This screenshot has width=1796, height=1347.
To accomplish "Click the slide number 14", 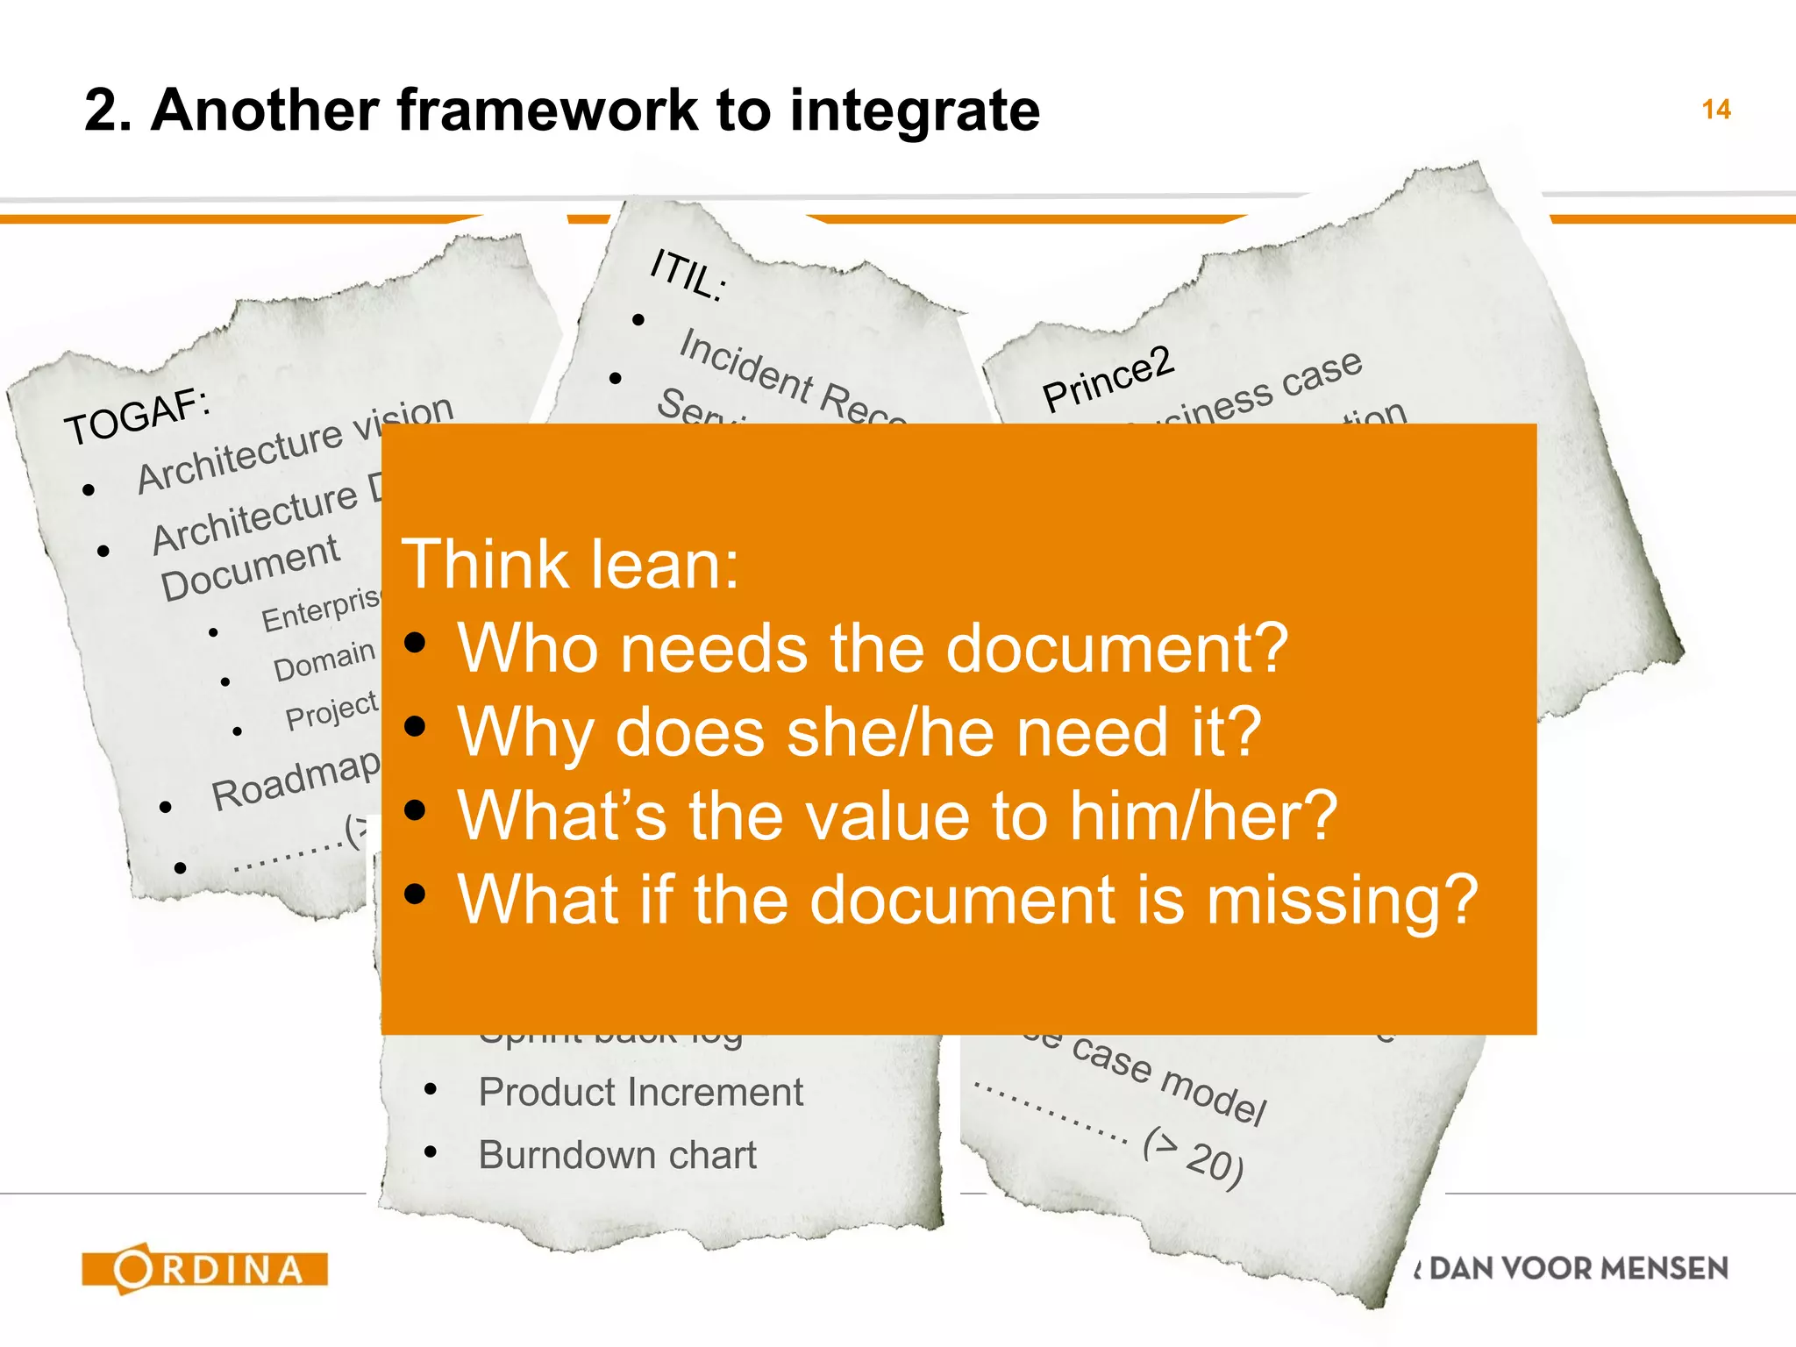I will click(1715, 110).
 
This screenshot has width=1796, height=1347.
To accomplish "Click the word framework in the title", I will click(549, 110).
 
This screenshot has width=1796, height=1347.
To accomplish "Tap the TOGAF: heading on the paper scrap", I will click(138, 416).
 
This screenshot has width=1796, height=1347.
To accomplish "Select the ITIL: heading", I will click(688, 274).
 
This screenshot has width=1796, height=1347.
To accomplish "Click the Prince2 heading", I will click(1107, 379).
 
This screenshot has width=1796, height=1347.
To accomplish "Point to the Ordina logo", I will click(204, 1268).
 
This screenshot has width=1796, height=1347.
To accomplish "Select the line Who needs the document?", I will click(873, 649).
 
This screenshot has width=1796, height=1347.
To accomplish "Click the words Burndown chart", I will click(616, 1155).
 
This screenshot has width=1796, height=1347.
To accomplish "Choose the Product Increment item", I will click(640, 1093).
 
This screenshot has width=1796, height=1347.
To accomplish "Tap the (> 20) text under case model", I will click(1193, 1158).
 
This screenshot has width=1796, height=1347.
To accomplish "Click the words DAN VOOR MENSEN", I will click(1579, 1268).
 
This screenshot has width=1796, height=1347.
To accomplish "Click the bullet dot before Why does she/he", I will click(416, 727).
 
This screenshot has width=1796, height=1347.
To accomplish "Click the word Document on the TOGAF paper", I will click(249, 567).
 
